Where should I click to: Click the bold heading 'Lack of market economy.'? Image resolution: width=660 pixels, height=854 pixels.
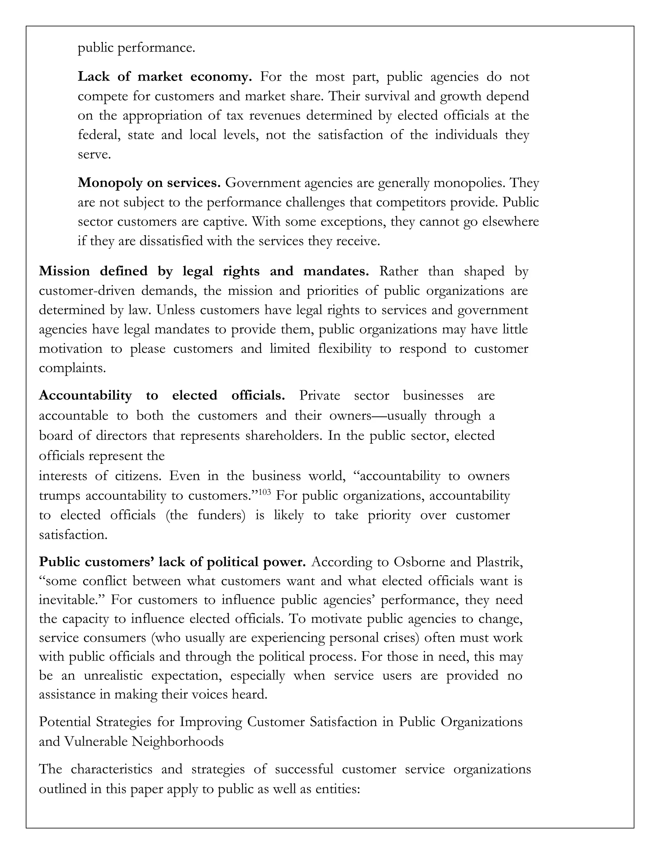(x=165, y=77)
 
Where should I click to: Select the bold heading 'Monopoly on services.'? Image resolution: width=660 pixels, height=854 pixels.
(x=149, y=183)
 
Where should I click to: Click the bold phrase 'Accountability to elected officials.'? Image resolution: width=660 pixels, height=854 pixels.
(x=161, y=395)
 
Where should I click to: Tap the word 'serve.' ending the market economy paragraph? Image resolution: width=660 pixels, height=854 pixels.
(x=94, y=154)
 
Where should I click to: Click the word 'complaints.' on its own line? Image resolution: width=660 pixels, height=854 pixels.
(x=72, y=368)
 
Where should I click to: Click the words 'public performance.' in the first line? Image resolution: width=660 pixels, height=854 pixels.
(x=136, y=48)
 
